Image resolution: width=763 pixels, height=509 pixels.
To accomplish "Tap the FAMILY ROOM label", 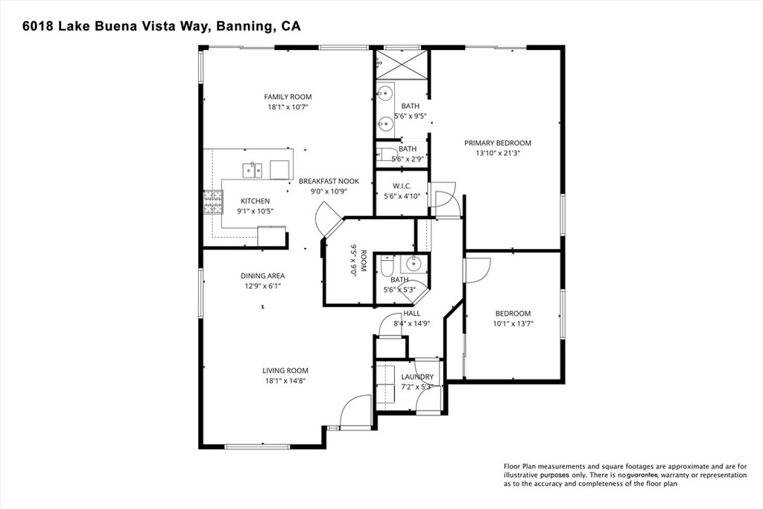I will click(x=288, y=97).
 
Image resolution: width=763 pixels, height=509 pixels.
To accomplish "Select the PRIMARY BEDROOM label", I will click(x=498, y=143).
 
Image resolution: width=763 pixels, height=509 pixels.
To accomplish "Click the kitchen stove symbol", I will click(x=213, y=201).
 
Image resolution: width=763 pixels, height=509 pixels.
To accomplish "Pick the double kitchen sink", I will click(x=252, y=170).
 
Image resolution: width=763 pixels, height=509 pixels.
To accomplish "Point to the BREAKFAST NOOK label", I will click(x=329, y=181).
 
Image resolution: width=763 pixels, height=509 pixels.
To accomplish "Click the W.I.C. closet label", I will click(x=402, y=186).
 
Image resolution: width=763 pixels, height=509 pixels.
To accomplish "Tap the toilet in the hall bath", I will click(x=387, y=266).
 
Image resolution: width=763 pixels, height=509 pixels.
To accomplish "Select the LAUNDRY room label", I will click(x=417, y=377).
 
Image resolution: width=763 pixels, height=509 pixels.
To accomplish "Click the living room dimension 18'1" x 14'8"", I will click(x=285, y=381).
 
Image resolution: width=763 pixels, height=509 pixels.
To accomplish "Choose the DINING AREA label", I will click(x=262, y=276).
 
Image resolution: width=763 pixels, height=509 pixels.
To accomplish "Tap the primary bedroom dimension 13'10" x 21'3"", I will click(x=498, y=154).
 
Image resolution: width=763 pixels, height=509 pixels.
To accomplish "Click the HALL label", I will click(x=412, y=314).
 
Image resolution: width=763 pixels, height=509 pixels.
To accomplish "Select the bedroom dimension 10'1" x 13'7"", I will click(x=513, y=324).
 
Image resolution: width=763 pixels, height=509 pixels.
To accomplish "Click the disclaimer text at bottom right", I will click(x=624, y=474).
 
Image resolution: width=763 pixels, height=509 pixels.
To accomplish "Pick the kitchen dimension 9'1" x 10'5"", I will click(x=255, y=212).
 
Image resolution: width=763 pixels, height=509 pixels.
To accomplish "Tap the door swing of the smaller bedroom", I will click(x=477, y=270).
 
